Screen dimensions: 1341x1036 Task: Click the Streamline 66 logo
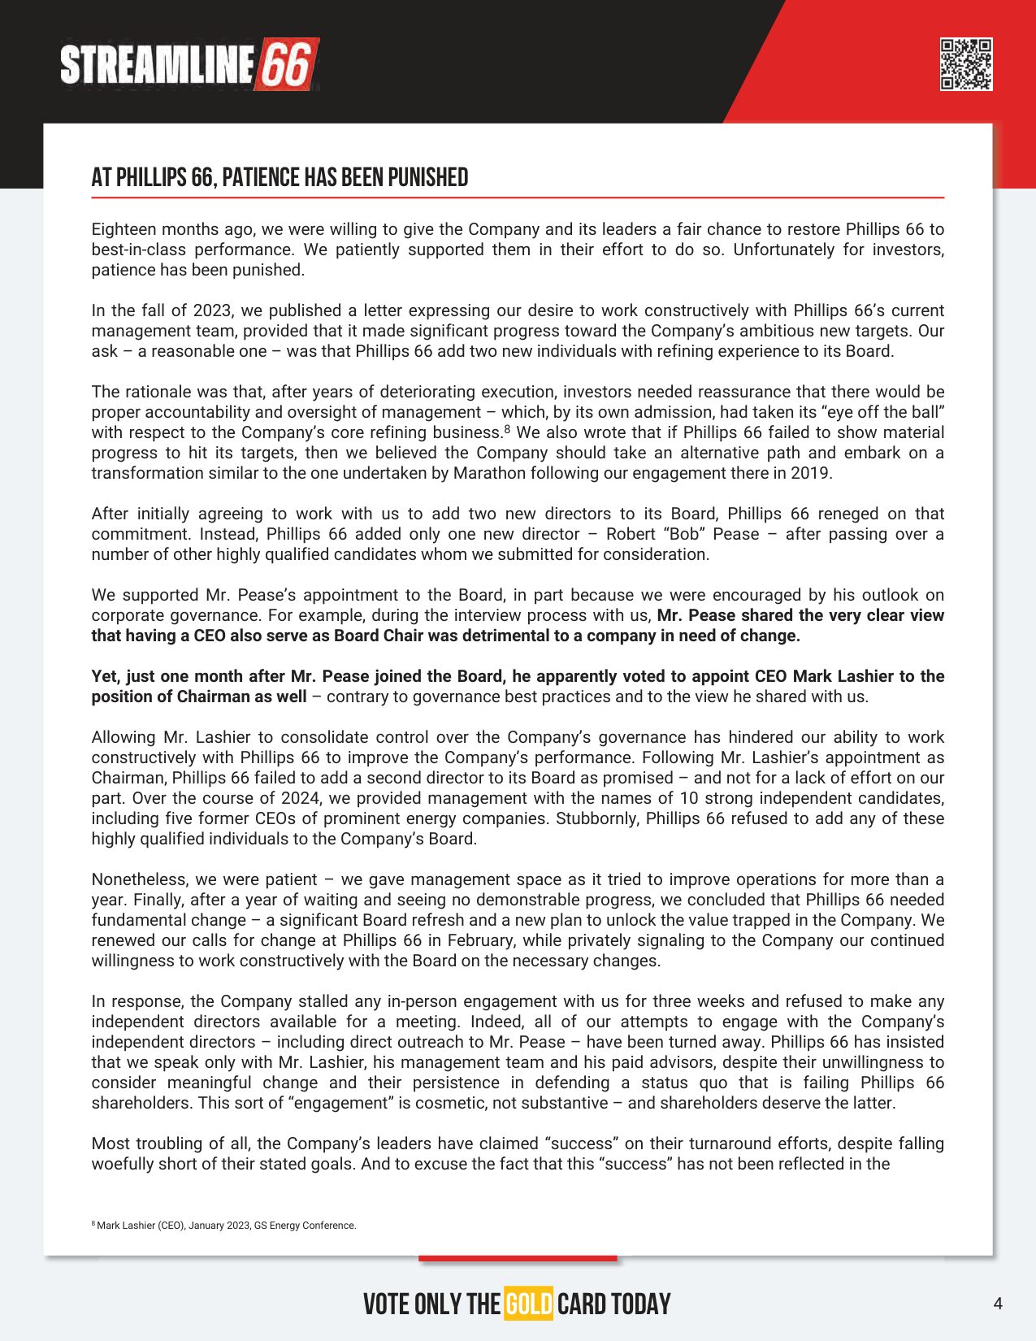click(x=189, y=64)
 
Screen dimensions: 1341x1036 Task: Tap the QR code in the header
click(x=965, y=64)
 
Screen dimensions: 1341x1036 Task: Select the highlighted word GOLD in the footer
click(x=528, y=1304)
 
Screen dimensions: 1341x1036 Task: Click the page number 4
click(x=998, y=1304)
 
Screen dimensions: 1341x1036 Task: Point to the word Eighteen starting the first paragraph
click(x=123, y=229)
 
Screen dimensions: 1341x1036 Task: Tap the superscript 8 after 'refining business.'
click(x=507, y=428)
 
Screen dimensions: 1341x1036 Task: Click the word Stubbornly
click(x=597, y=818)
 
